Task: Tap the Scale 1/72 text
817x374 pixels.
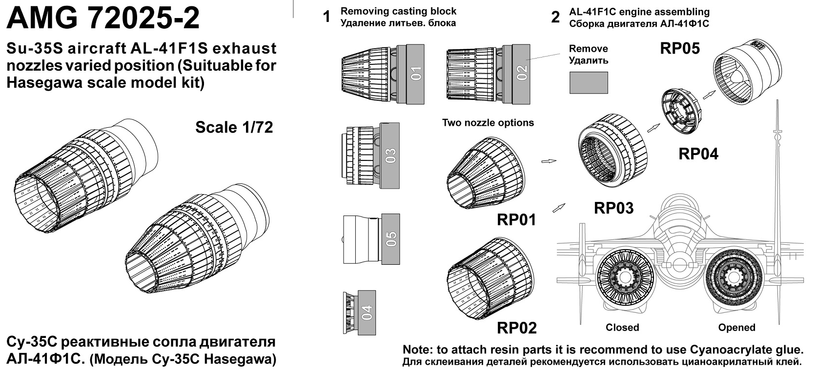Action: pyautogui.click(x=234, y=127)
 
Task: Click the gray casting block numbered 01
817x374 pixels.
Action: pyautogui.click(x=415, y=75)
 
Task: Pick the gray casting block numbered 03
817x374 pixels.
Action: pyautogui.click(x=390, y=155)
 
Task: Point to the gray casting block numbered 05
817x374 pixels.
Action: pyautogui.click(x=391, y=238)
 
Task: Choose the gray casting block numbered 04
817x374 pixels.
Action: pyautogui.click(x=367, y=313)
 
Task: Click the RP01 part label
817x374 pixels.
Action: pyautogui.click(x=516, y=220)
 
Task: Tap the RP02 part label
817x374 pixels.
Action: pyautogui.click(x=516, y=328)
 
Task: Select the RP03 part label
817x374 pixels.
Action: pyautogui.click(x=613, y=208)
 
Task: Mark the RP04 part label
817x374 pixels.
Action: pyautogui.click(x=698, y=154)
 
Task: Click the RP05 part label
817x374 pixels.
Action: pyautogui.click(x=680, y=48)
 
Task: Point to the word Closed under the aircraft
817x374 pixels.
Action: pyautogui.click(x=622, y=328)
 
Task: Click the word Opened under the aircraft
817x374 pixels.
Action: pyautogui.click(x=736, y=328)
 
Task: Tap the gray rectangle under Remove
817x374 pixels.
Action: pyautogui.click(x=589, y=83)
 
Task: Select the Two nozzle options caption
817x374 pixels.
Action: pyautogui.click(x=488, y=123)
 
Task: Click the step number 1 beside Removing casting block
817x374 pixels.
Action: pyautogui.click(x=327, y=18)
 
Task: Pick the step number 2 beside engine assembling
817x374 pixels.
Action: pyautogui.click(x=555, y=18)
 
